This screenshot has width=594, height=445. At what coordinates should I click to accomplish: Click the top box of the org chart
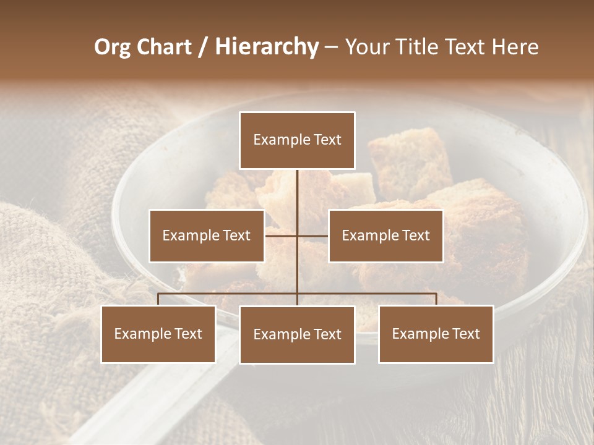[297, 140]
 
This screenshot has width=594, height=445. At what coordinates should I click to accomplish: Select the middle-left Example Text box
[206, 235]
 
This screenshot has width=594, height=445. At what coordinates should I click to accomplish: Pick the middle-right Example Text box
[385, 235]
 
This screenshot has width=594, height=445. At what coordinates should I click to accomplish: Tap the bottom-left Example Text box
[158, 334]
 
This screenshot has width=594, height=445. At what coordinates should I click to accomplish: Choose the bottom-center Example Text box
[297, 334]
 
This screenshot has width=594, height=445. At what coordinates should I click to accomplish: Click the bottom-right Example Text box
[436, 334]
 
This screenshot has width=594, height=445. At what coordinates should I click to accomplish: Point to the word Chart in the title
[164, 47]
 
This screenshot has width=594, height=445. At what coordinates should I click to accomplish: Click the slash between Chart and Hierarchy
[203, 47]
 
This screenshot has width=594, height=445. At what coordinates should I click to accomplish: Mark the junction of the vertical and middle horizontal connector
[297, 235]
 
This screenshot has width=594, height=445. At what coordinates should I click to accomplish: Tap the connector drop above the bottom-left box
[158, 299]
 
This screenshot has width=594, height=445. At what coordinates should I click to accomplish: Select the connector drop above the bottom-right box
[436, 299]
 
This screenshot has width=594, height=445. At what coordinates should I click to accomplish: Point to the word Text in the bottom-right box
[465, 334]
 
